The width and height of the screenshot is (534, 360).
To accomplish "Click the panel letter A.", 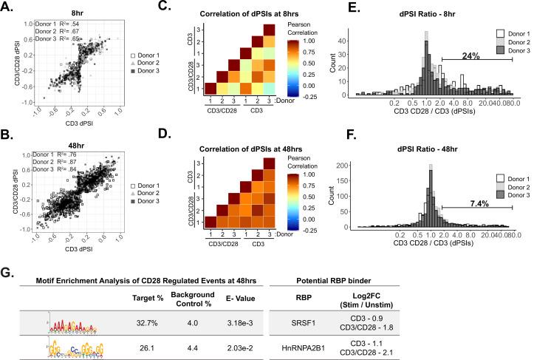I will pyautogui.click(x=7, y=6).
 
